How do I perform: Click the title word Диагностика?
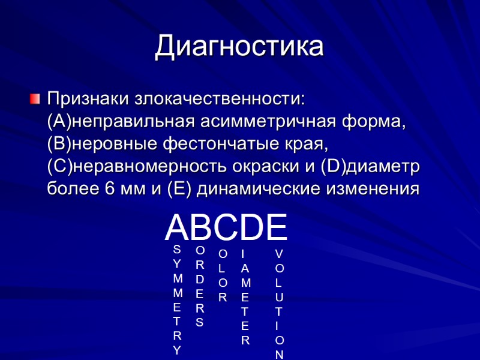click(x=239, y=47)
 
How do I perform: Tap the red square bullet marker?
click(x=35, y=97)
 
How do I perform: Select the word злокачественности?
click(x=219, y=98)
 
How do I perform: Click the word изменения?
click(x=373, y=188)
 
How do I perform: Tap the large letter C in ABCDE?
click(x=226, y=227)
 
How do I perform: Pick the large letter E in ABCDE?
click(x=276, y=227)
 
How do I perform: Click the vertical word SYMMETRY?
click(x=176, y=299)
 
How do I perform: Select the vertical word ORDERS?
click(x=200, y=286)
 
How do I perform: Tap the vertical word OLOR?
click(x=223, y=275)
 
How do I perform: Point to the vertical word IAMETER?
click(x=245, y=298)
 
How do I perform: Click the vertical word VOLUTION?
click(x=280, y=304)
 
